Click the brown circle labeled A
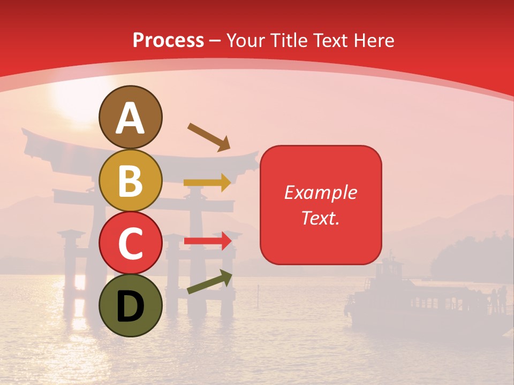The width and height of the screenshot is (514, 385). click(x=130, y=117)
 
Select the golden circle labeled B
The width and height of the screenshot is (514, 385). click(x=130, y=180)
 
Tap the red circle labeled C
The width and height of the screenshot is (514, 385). click(x=130, y=243)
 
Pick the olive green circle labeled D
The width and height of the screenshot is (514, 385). click(x=130, y=305)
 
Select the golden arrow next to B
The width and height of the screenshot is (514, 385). click(x=207, y=183)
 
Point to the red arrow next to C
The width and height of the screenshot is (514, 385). click(x=207, y=241)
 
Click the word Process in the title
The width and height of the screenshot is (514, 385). click(x=168, y=40)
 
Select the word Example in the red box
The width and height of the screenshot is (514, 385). click(x=320, y=192)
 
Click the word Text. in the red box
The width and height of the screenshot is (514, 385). click(x=320, y=218)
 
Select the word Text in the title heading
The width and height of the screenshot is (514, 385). click(x=330, y=40)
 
